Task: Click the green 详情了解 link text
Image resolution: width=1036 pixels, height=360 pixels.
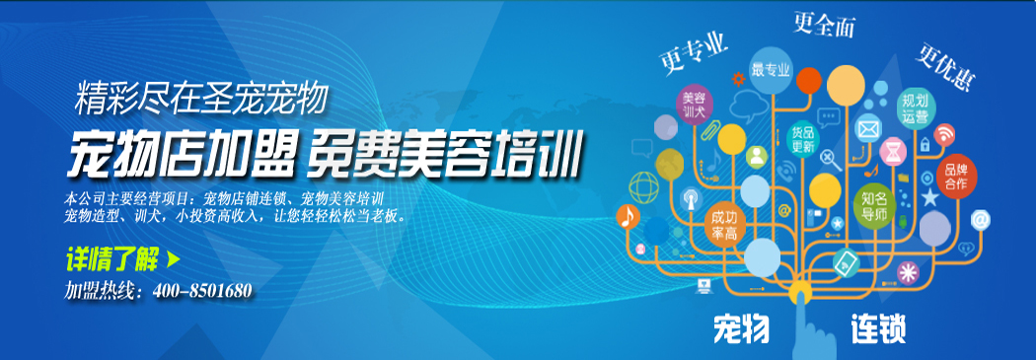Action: point(111,261)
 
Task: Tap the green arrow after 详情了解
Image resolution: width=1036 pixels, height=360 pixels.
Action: point(174,261)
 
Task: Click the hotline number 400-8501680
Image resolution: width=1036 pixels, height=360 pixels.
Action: point(202,291)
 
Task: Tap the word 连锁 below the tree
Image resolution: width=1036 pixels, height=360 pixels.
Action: point(878,329)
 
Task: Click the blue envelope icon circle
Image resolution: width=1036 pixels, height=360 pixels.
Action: point(867,127)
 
